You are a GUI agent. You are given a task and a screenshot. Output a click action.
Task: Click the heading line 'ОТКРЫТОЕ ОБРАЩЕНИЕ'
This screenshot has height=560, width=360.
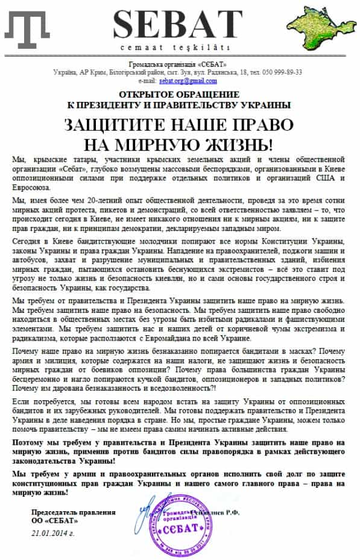pos(179,95)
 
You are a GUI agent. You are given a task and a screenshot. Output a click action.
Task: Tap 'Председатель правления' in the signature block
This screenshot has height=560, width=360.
pos(73,512)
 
